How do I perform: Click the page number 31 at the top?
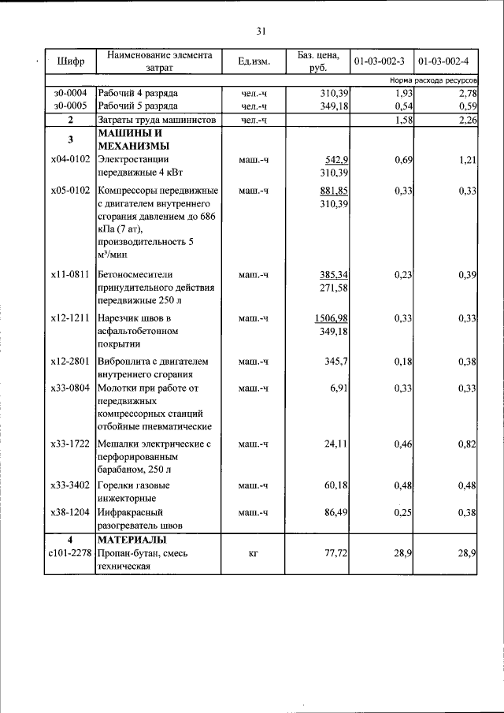click(x=261, y=32)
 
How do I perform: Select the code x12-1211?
click(x=70, y=318)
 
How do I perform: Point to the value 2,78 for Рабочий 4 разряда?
click(x=469, y=93)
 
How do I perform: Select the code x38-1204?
click(x=70, y=512)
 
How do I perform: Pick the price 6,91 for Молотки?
click(x=340, y=388)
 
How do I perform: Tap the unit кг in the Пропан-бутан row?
click(x=254, y=555)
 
